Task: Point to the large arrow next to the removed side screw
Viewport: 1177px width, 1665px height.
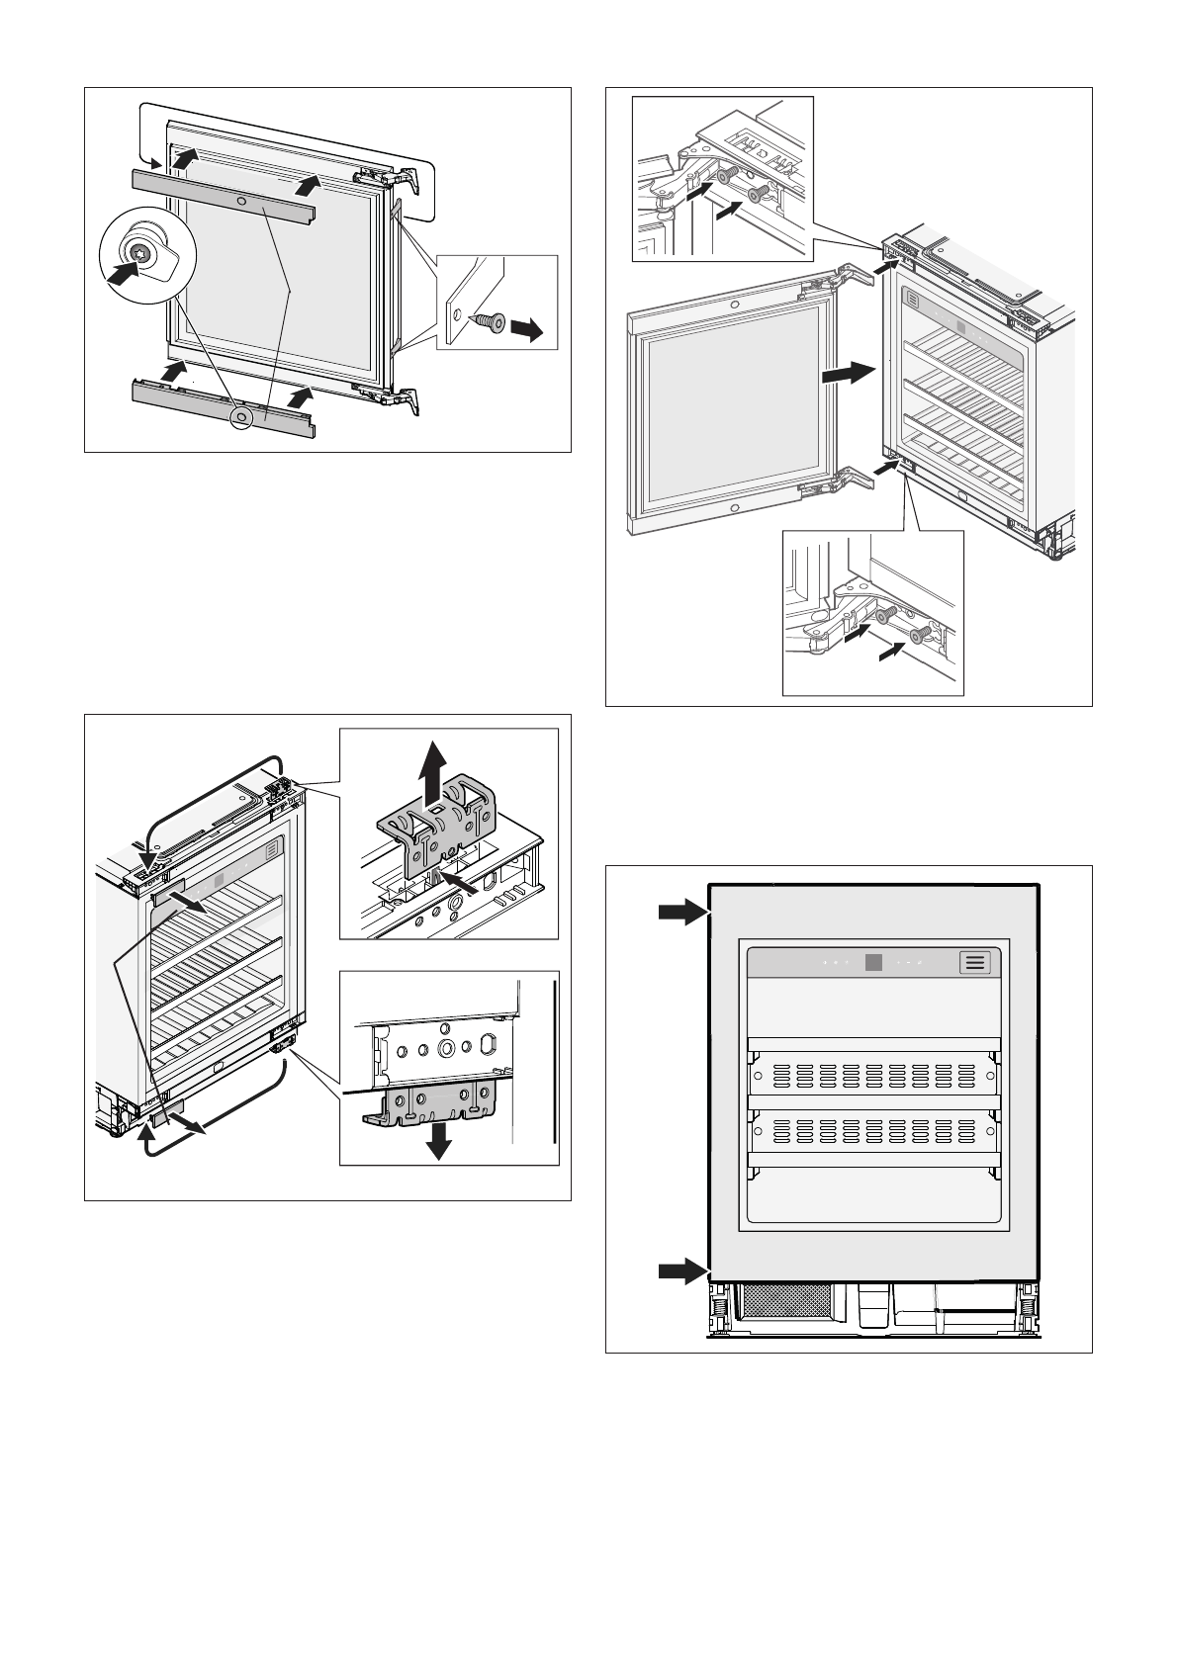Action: coord(527,329)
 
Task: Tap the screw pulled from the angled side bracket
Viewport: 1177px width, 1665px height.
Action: coord(488,322)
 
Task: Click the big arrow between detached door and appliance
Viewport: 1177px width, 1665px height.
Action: coord(849,373)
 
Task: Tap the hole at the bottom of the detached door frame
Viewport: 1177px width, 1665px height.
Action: coord(733,509)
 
